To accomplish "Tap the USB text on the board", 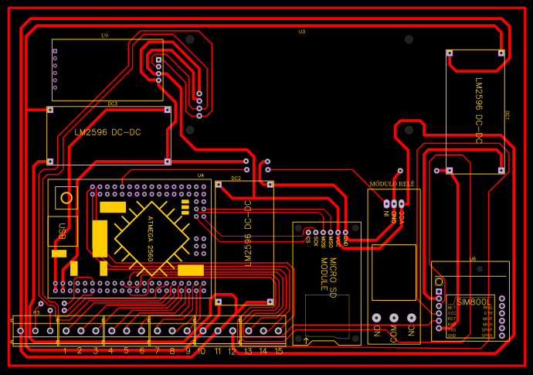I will click(61, 232).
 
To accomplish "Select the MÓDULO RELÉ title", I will click(392, 184).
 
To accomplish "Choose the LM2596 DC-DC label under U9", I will click(107, 132).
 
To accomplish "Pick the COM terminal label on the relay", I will click(394, 333).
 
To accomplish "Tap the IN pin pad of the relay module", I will click(386, 204).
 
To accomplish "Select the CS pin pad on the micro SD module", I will click(308, 232).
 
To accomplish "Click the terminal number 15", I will click(278, 351).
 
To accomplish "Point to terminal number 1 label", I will click(65, 351).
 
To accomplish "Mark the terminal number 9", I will click(187, 351).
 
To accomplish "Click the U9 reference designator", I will click(104, 36).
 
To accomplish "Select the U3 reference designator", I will click(301, 32).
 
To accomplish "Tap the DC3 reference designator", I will click(113, 104).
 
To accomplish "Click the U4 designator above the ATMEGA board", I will click(201, 175).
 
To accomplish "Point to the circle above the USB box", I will click(66, 198).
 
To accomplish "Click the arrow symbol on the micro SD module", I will click(307, 340).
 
